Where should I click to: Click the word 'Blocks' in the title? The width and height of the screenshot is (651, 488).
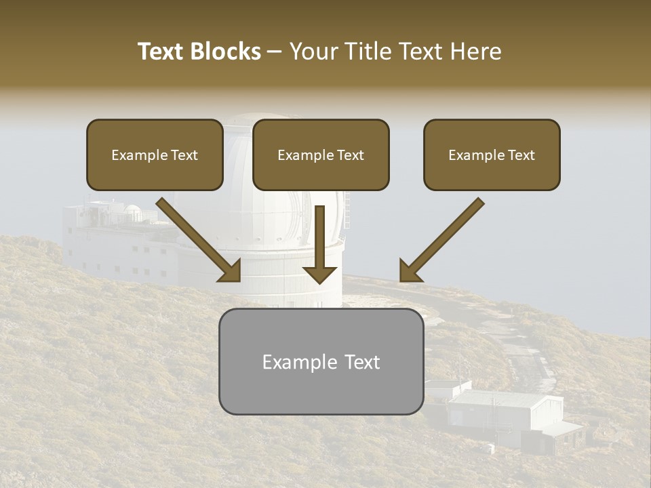pos(226,52)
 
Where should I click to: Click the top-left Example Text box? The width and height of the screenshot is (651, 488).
pos(155,155)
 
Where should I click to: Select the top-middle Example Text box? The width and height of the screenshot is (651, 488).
pos(321,155)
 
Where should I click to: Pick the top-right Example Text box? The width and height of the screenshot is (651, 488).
pos(492,155)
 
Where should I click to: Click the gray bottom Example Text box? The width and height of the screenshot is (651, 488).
pos(321,361)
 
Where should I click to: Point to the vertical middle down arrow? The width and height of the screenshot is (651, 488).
pos(319,244)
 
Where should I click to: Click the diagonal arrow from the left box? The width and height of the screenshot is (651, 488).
pos(200,241)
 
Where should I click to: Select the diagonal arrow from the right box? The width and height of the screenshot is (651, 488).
pos(441,241)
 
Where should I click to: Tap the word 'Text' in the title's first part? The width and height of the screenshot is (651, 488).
pos(162,52)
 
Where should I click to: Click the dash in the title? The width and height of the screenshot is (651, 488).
pos(275,52)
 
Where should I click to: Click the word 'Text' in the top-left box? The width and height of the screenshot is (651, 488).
pos(184,155)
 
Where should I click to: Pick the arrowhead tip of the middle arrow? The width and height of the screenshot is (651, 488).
pos(319,282)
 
